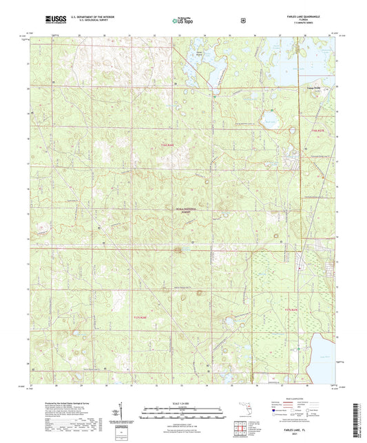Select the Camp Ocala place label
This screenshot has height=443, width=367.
[304, 87]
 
